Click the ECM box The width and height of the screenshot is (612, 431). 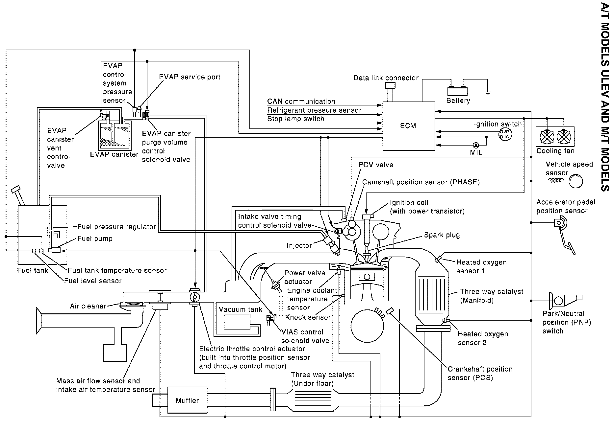[408, 126]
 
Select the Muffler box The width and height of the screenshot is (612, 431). [187, 400]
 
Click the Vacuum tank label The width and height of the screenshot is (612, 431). [241, 309]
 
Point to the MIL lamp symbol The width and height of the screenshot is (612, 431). [475, 145]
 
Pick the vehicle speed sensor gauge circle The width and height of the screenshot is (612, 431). [575, 181]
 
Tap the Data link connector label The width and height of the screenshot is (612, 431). [386, 78]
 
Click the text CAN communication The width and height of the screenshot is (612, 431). [301, 102]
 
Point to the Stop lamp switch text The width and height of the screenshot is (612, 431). [295, 119]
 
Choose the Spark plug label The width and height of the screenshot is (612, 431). [442, 235]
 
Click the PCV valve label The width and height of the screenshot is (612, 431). [376, 165]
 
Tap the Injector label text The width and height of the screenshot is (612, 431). [299, 245]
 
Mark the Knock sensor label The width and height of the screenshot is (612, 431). [308, 317]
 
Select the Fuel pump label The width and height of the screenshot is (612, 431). [95, 239]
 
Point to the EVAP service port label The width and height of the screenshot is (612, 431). [190, 77]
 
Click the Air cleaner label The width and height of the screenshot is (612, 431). [88, 306]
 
